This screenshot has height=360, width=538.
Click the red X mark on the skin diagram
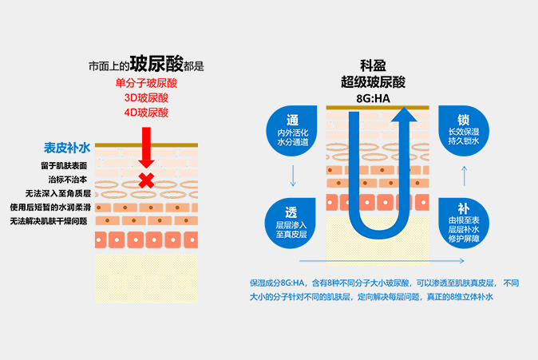pos(147,180)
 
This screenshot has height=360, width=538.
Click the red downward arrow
pos(147,148)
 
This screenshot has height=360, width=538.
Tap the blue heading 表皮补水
pos(67,148)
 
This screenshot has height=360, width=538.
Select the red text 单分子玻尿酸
pos(147,83)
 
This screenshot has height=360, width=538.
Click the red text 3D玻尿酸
pos(147,98)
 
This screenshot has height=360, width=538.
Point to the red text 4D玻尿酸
pos(147,113)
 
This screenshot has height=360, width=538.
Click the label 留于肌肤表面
pos(64,166)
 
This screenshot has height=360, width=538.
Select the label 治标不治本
pos(68,180)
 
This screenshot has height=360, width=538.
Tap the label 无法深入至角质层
pos(58,193)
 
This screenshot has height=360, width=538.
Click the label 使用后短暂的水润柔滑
pos(50,208)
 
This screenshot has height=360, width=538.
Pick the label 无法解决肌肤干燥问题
pos(49,221)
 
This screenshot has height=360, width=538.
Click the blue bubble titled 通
pos(292,131)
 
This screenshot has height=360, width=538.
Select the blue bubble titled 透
pos(291,223)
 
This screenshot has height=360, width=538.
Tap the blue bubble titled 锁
pos(464,131)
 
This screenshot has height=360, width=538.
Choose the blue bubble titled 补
pos(464,223)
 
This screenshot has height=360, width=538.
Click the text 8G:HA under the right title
pos(373,99)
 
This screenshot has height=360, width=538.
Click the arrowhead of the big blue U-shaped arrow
pos(404,114)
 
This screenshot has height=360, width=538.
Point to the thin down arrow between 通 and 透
pos(293,176)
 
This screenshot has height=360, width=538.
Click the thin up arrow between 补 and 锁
pos(465,176)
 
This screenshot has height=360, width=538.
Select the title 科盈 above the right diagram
pos(373,65)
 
